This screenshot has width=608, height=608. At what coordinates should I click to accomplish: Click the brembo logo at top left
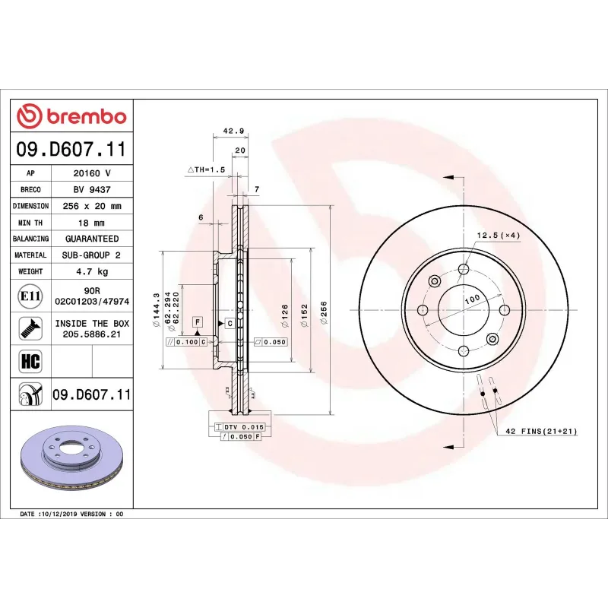(71, 116)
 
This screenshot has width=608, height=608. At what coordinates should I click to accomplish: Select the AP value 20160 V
(92, 173)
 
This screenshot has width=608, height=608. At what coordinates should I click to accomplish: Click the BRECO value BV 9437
(92, 190)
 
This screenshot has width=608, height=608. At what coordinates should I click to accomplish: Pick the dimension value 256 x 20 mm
(92, 206)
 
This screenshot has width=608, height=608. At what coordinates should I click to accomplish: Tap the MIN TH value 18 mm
(92, 223)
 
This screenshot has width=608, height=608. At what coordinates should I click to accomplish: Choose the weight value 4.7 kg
(92, 271)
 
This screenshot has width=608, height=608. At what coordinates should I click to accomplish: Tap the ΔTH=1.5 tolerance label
(207, 170)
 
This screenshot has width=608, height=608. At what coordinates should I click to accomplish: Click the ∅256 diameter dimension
(325, 311)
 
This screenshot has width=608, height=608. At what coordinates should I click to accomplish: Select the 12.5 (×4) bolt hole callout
(498, 235)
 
